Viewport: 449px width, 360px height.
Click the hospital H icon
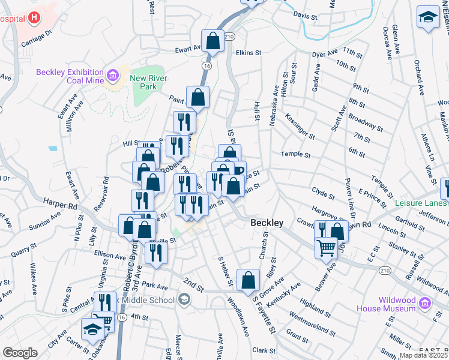tap(34, 17)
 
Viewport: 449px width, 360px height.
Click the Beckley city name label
tap(267, 223)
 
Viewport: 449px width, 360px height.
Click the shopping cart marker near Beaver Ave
tap(326, 247)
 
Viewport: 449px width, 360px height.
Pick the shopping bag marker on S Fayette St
tap(248, 280)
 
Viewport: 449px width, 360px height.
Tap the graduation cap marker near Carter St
tap(92, 329)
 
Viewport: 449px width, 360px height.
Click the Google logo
tap(20, 353)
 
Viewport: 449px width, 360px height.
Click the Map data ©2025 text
tap(423, 355)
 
